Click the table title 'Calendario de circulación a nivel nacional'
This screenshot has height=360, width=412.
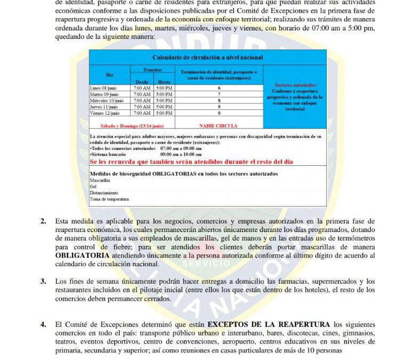point(207,57)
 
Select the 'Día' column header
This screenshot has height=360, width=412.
point(110,75)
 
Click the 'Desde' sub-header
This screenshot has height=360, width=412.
point(141,82)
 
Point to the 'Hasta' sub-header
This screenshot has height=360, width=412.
point(164,82)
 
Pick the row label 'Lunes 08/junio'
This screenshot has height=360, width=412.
point(103,87)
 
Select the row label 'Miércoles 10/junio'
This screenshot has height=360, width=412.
point(107,100)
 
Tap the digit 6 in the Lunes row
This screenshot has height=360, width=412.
point(219,87)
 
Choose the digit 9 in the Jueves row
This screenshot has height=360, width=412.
point(219,107)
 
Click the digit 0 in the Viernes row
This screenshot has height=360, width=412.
point(219,113)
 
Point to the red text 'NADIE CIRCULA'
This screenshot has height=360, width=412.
point(219,126)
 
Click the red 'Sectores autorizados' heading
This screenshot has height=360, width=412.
point(295,85)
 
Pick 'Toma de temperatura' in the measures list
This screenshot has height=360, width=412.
point(109,199)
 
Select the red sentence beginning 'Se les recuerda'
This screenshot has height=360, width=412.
point(191,162)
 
